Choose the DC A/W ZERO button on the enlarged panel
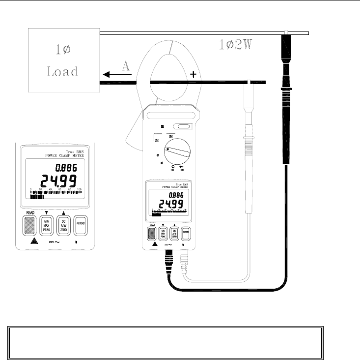pos(63,226)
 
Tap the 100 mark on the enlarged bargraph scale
pos(79,189)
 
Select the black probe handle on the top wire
pos(285,98)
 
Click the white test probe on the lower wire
pos(249,148)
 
